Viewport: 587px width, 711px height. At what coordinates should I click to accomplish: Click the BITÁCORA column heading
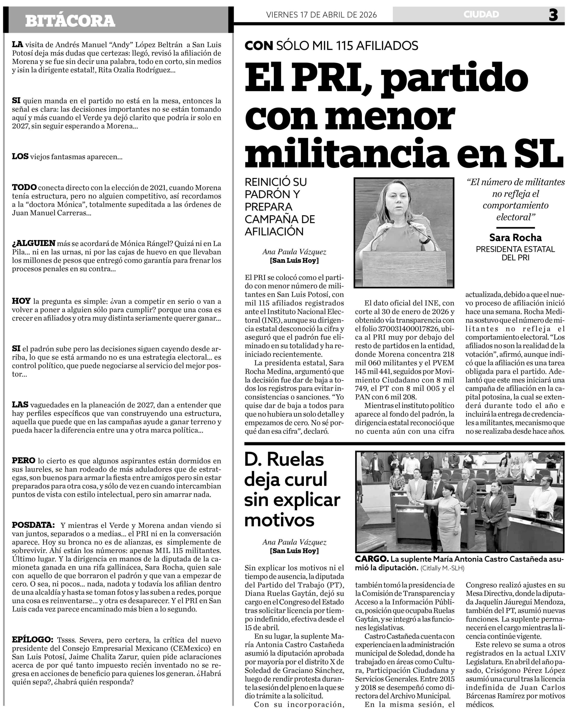pos(70,21)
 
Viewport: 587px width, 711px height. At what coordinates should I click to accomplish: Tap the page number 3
pos(553,15)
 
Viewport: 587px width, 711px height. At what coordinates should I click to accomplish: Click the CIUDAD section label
pos(481,14)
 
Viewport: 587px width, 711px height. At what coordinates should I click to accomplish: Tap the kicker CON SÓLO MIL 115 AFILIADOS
pos(331,46)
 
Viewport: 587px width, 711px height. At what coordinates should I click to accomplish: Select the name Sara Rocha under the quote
pos(515,237)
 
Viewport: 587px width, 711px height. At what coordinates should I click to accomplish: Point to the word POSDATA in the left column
pos(33,525)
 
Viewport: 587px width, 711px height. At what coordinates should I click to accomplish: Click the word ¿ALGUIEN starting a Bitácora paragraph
pos(33,243)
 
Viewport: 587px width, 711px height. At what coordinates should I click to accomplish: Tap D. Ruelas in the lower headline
pos(284,460)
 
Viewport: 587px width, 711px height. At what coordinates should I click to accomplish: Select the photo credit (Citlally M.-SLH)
pos(443,569)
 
